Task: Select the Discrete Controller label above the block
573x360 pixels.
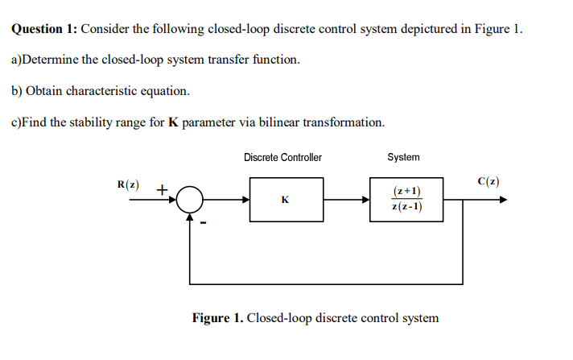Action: pyautogui.click(x=282, y=157)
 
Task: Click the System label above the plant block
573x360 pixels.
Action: pyautogui.click(x=403, y=157)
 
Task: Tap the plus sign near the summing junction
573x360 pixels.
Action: pyautogui.click(x=161, y=191)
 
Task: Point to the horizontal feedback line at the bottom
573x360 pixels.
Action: pyautogui.click(x=326, y=283)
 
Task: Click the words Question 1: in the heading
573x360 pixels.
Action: pyautogui.click(x=44, y=30)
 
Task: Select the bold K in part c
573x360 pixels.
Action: pyautogui.click(x=172, y=122)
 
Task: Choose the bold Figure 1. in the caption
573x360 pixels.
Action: pyautogui.click(x=217, y=317)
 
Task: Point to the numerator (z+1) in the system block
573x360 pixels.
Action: pyautogui.click(x=406, y=191)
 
